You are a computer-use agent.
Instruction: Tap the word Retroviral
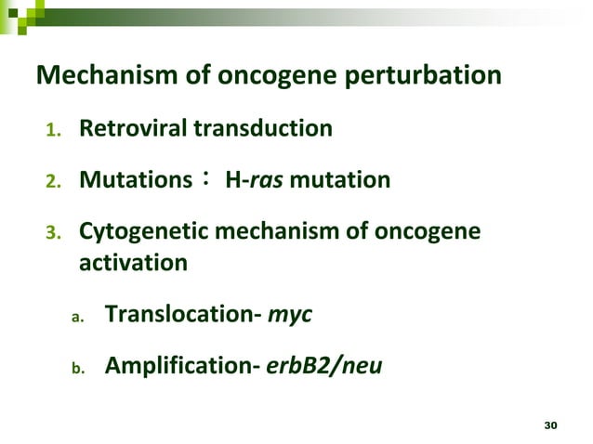click(133, 128)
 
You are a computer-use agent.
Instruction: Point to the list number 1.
click(53, 130)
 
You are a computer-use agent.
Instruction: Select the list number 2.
click(53, 180)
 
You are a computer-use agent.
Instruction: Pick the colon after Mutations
click(205, 178)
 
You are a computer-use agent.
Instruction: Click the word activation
click(133, 263)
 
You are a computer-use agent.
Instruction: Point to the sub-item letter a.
click(79, 317)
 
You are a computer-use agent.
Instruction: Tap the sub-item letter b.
click(79, 368)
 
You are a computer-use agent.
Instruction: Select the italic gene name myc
click(289, 316)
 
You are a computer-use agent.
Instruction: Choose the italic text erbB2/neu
click(323, 366)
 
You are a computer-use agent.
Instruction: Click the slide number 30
click(549, 424)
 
